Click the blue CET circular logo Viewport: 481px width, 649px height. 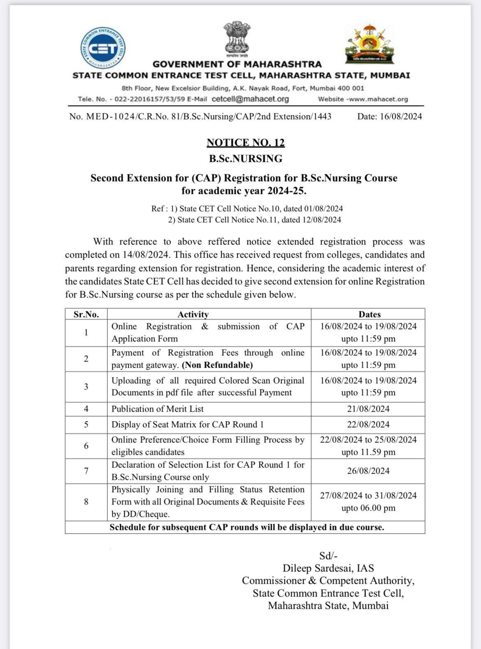[x=102, y=48]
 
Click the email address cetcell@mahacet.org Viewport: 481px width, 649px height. [x=250, y=99]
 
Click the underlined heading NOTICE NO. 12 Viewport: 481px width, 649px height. [x=245, y=143]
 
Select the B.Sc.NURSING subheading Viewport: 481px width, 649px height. [x=245, y=159]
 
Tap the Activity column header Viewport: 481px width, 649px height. [x=193, y=314]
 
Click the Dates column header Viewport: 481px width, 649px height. [x=369, y=314]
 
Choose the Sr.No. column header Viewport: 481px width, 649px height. [x=86, y=314]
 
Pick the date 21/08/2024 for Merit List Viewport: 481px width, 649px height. [x=368, y=409]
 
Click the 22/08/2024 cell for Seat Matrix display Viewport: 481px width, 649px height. [x=368, y=424]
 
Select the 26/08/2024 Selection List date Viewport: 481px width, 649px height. [x=368, y=471]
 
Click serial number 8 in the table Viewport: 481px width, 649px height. [x=86, y=502]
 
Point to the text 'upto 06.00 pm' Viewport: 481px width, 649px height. [x=368, y=508]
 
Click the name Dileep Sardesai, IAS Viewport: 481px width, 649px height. [x=328, y=568]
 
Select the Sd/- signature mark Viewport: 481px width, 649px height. [x=328, y=556]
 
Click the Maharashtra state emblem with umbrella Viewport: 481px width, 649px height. [x=369, y=44]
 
